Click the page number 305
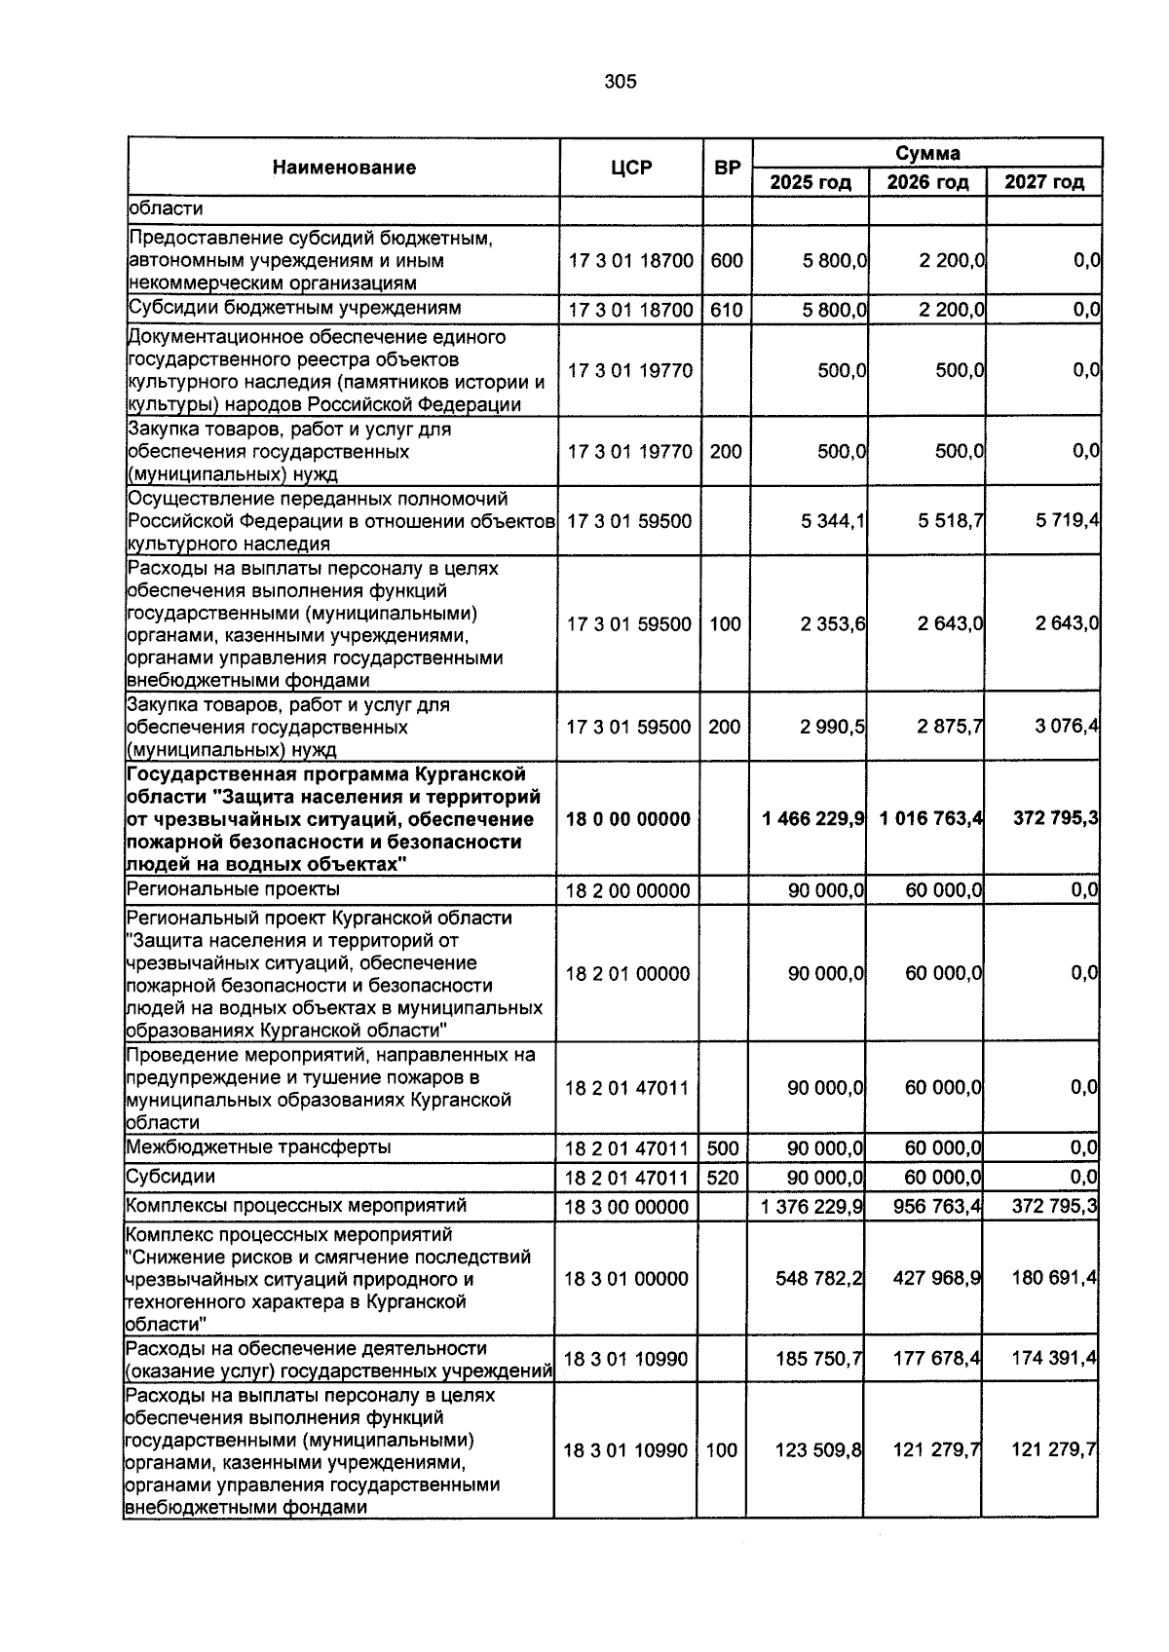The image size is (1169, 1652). pyautogui.click(x=620, y=82)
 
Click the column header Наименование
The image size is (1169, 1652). pyautogui.click(x=344, y=168)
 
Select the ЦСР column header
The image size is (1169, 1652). pyautogui.click(x=630, y=168)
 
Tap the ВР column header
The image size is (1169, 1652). pyautogui.click(x=727, y=168)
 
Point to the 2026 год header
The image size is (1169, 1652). pyautogui.click(x=927, y=182)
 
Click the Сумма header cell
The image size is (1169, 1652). pyautogui.click(x=927, y=153)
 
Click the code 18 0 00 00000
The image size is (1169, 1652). pyautogui.click(x=628, y=819)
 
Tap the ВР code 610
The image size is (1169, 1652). pyautogui.click(x=726, y=311)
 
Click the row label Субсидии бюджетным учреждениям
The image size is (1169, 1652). pyautogui.click(x=295, y=309)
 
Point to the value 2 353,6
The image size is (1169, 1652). pyautogui.click(x=833, y=624)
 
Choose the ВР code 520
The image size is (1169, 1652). pyautogui.click(x=723, y=1178)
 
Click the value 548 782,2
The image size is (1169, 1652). pyautogui.click(x=818, y=1279)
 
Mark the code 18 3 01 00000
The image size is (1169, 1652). pyautogui.click(x=626, y=1279)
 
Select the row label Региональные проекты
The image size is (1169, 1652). pyautogui.click(x=234, y=889)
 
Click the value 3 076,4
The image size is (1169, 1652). pyautogui.click(x=1067, y=727)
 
